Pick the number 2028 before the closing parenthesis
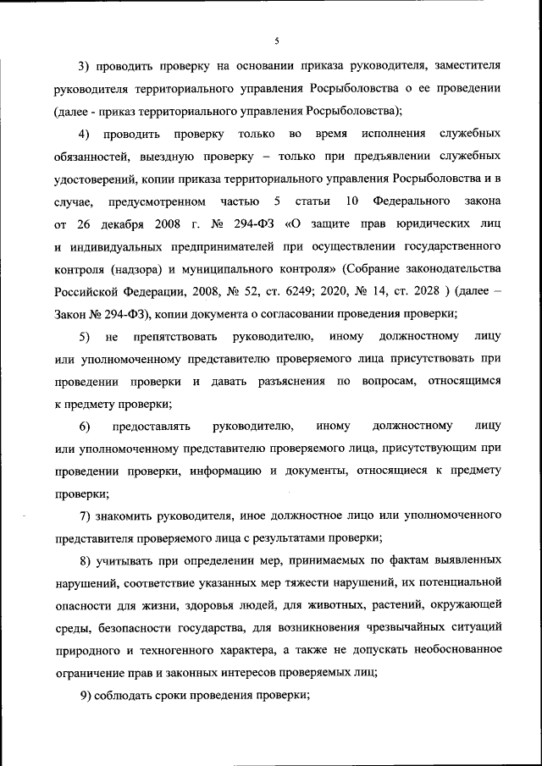(429, 292)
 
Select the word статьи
(312, 201)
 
